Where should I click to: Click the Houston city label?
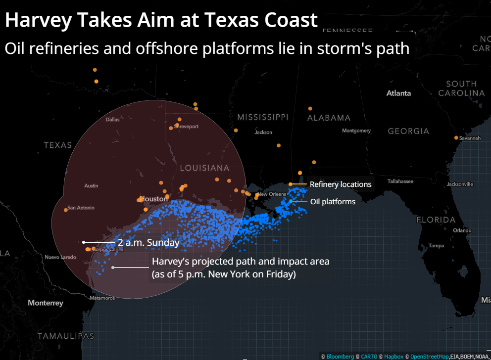click(x=155, y=199)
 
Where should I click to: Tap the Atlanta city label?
click(x=398, y=93)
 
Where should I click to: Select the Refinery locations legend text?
click(x=341, y=184)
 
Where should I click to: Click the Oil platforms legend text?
click(x=333, y=201)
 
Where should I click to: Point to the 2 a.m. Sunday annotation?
click(x=148, y=242)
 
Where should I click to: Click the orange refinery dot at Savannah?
click(x=456, y=138)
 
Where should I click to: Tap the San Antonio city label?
click(x=81, y=208)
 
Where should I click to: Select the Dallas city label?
click(x=113, y=119)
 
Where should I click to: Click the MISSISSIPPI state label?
click(x=262, y=117)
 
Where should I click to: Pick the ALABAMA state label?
click(x=329, y=118)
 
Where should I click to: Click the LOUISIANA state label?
click(x=204, y=168)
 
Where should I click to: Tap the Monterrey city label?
click(x=46, y=303)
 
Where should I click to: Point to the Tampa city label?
click(x=437, y=246)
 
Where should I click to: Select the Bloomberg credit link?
click(x=340, y=357)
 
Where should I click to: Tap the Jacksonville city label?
click(x=460, y=184)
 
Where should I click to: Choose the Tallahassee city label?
click(x=400, y=181)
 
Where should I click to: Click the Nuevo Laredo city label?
click(x=60, y=257)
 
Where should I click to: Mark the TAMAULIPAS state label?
click(x=65, y=336)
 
